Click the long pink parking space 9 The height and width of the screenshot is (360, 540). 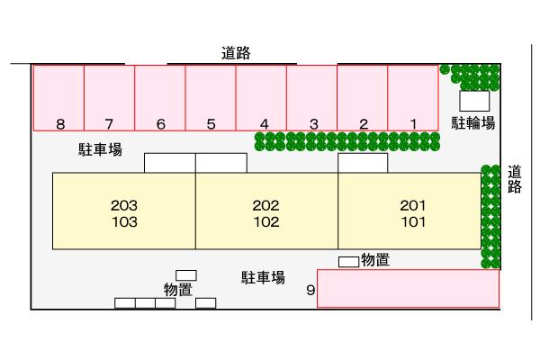(408, 288)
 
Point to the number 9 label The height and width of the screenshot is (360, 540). (310, 291)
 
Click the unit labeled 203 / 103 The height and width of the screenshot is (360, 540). (124, 212)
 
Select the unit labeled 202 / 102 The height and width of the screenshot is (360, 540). (266, 212)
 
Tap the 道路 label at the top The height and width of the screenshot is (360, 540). (235, 53)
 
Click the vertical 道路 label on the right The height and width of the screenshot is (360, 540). (515, 179)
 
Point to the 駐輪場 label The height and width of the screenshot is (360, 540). (473, 123)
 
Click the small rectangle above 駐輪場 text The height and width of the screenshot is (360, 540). (474, 101)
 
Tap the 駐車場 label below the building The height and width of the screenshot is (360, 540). (263, 277)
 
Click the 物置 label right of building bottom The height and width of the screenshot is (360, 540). (375, 260)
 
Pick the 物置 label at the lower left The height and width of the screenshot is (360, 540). (178, 289)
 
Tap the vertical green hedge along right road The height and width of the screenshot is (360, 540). (490, 216)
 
